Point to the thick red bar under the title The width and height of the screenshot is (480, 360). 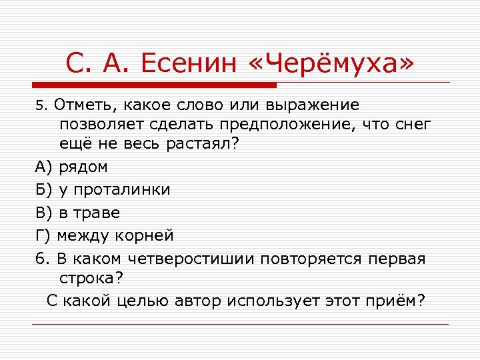pyautogui.click(x=154, y=85)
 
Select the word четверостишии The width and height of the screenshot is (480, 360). pyautogui.click(x=189, y=257)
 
